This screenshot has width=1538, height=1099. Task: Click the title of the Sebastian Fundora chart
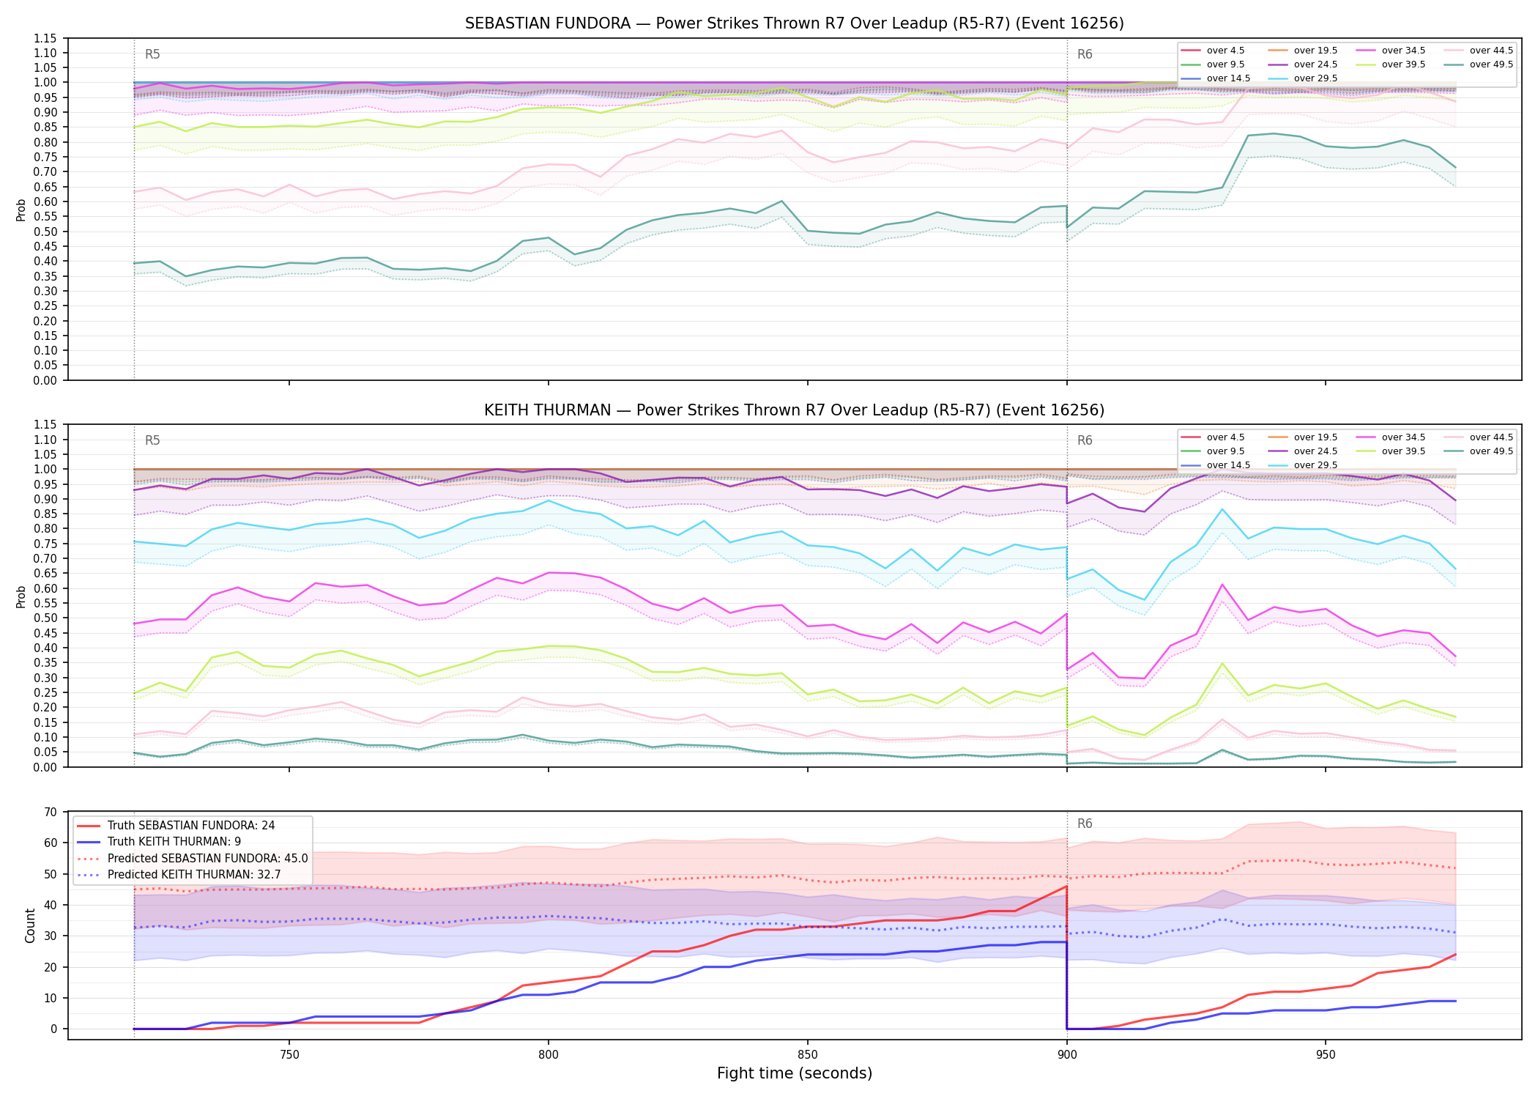pyautogui.click(x=794, y=23)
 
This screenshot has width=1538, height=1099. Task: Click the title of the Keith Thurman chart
pyautogui.click(x=794, y=410)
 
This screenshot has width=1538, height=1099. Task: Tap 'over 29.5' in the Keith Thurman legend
pyautogui.click(x=1303, y=465)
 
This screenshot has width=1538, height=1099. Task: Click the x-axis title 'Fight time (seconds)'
pyautogui.click(x=795, y=1073)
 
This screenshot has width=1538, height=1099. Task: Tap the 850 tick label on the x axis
pyautogui.click(x=807, y=1055)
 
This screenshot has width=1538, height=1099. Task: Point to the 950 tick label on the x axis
pyautogui.click(x=1326, y=1055)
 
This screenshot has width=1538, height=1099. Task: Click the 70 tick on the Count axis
pyautogui.click(x=51, y=812)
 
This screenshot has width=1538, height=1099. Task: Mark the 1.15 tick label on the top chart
pyautogui.click(x=45, y=38)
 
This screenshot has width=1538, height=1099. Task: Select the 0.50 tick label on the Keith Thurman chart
pyautogui.click(x=45, y=618)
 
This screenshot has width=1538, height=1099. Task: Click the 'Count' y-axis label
pyautogui.click(x=30, y=925)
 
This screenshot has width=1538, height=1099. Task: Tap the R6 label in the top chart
pyautogui.click(x=1085, y=54)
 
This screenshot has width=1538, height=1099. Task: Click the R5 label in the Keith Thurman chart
pyautogui.click(x=152, y=440)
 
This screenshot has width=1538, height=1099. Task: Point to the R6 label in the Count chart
pyautogui.click(x=1085, y=824)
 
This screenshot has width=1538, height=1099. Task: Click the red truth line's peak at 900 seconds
pyautogui.click(x=1066, y=887)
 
